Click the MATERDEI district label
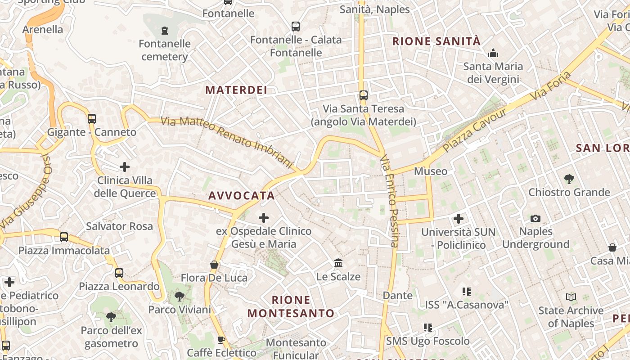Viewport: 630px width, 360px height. coord(236,90)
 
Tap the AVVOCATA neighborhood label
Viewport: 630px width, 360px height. coord(241,196)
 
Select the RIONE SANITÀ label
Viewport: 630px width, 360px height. coord(436,41)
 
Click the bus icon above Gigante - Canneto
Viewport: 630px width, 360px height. coord(92,119)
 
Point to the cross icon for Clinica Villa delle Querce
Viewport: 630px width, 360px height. coord(125,167)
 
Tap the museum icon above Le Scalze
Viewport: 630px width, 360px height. coord(338,263)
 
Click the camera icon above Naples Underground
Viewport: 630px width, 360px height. coord(535,218)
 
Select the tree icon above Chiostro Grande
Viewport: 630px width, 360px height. coord(569,179)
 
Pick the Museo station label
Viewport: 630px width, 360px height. coord(431,171)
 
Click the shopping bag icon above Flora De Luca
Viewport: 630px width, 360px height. coord(214,265)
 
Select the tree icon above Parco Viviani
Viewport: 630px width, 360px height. coord(180,297)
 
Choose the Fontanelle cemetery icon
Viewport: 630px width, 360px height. coord(165,31)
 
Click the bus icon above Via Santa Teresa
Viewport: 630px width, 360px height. coord(364,95)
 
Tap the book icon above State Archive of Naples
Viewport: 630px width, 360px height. coord(571,297)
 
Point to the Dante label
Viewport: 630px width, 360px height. coord(398,296)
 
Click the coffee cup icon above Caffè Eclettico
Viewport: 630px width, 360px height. coord(221,339)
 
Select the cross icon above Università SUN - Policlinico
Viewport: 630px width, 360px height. coord(459,219)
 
